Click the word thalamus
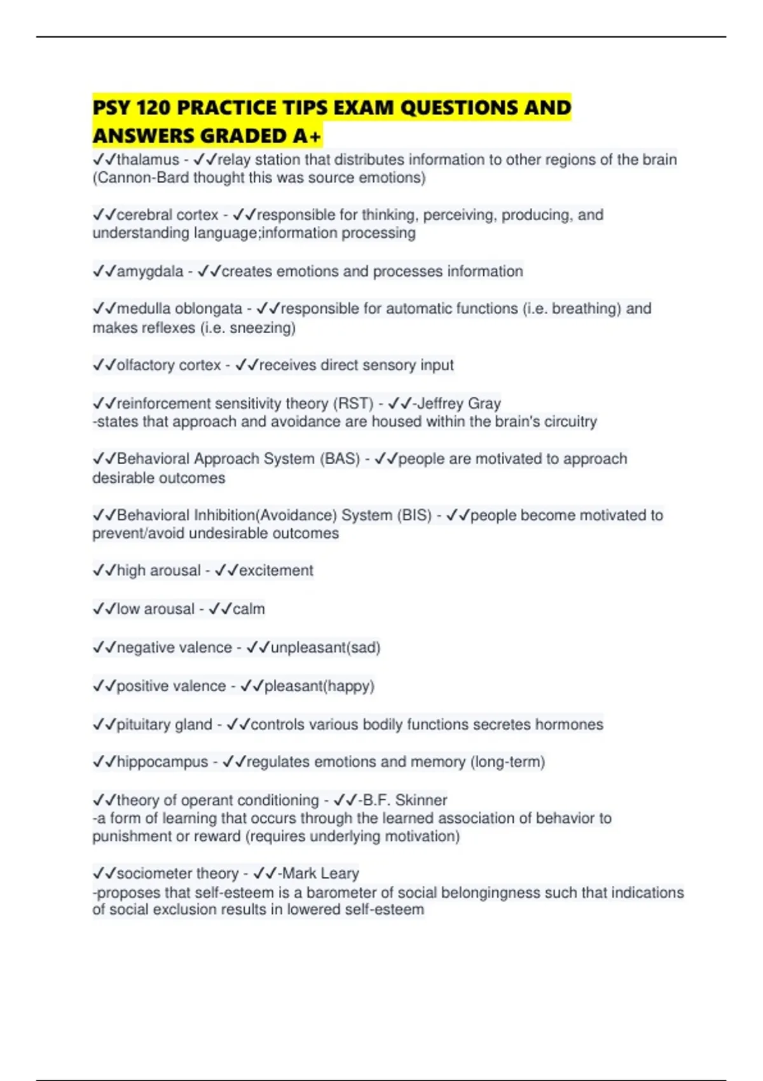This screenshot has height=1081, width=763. point(148,160)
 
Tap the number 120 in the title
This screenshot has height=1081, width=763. point(152,107)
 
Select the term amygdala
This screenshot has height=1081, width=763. point(149,272)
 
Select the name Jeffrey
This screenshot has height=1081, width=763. point(440,404)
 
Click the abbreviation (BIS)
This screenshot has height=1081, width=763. point(414,515)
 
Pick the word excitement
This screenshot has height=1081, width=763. point(276,571)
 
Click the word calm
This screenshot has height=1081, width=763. point(249,609)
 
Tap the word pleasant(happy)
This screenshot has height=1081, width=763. point(319,686)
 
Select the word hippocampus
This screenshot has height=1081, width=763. point(162,762)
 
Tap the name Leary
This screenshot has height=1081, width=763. point(340,874)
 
